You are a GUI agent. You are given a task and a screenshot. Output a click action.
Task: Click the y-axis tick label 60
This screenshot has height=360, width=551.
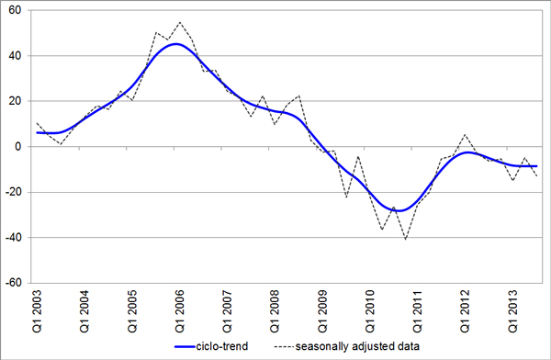(15, 10)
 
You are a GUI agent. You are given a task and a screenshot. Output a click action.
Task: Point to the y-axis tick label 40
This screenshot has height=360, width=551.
(15, 55)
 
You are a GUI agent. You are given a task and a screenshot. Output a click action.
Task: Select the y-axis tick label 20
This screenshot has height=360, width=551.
(15, 101)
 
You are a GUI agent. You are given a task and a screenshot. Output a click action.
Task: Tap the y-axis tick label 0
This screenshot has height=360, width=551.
(18, 147)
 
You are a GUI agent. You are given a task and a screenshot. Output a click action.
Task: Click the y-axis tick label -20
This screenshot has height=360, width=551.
(14, 192)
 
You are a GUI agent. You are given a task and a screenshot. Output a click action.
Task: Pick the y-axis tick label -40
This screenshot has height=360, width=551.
(14, 237)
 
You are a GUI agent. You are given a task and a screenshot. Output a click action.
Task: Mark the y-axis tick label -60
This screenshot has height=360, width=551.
(14, 283)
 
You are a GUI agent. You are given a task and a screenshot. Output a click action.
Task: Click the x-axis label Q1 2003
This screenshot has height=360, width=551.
(37, 311)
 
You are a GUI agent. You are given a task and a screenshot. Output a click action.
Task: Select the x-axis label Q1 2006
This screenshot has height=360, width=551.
(179, 311)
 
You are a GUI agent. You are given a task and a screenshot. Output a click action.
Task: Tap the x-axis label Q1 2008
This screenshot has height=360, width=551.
(274, 311)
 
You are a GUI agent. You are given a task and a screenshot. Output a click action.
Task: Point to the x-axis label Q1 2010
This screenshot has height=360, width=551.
(369, 311)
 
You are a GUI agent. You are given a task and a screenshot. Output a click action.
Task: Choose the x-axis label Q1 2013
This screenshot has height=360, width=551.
(512, 311)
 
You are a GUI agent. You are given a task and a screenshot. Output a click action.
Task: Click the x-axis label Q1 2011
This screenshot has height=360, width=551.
(417, 311)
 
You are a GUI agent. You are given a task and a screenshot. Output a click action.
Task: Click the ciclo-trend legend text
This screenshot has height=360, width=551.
(222, 346)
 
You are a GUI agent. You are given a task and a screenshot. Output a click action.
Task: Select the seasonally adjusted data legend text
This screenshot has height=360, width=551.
(357, 346)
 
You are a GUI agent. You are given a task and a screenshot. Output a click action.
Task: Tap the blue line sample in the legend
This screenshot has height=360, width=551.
(185, 347)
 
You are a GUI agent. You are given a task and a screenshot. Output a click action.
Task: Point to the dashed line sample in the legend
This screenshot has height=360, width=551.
(284, 347)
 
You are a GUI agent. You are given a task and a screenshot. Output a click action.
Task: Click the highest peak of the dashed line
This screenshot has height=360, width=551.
(180, 22)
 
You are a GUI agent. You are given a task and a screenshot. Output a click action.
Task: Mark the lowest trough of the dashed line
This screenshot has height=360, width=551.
(406, 240)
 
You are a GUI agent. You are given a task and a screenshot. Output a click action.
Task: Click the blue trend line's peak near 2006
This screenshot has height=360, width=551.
(176, 44)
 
